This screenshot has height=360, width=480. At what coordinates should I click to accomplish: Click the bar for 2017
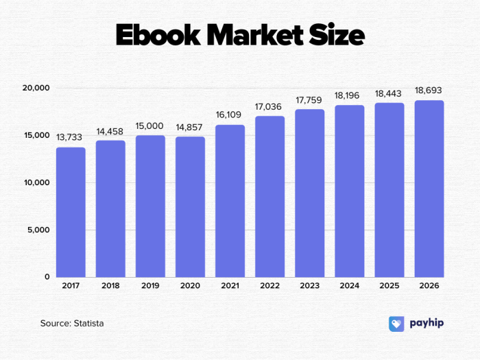[71, 212]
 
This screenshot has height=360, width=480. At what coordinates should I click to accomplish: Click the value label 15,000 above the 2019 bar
[150, 125]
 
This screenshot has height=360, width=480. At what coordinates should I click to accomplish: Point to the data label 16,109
[230, 115]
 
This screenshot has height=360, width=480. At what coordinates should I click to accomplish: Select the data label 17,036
[269, 106]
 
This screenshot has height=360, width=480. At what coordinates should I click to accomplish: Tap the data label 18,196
[349, 95]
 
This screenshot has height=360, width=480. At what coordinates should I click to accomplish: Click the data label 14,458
[110, 130]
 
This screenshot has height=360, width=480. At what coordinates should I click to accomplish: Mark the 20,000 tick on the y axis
[36, 88]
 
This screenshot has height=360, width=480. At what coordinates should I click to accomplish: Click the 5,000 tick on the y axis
[38, 230]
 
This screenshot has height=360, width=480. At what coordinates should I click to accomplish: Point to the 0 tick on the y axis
[47, 277]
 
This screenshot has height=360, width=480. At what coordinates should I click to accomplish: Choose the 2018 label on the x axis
[110, 286]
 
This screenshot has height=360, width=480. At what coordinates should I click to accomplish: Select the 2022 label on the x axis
[269, 286]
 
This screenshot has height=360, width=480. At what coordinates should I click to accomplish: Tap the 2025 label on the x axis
[389, 286]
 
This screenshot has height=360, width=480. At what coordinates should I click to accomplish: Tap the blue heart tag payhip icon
[396, 324]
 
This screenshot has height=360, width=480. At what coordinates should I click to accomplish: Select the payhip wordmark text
[427, 323]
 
